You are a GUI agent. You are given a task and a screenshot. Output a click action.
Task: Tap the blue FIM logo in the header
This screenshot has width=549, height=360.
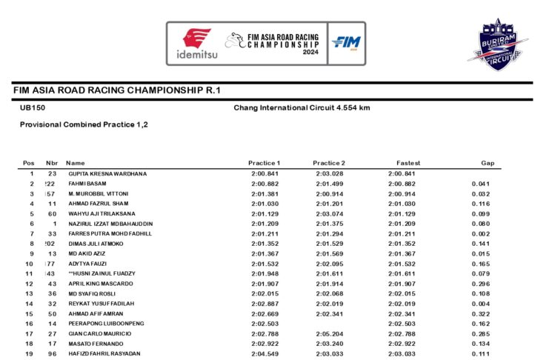345,44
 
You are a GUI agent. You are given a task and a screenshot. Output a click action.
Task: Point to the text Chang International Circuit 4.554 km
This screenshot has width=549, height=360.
302,108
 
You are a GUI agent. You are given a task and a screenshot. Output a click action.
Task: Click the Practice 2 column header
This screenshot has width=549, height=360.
329,163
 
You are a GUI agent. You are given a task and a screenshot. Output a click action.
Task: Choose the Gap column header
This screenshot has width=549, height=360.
487,163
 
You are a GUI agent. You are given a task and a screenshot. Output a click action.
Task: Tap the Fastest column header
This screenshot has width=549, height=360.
407,163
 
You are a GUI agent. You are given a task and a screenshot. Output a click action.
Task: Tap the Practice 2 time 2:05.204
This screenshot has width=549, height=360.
328,333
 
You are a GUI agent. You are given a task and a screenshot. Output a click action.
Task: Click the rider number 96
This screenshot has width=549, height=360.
52,353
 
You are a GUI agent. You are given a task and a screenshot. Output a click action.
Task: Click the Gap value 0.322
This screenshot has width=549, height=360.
480,313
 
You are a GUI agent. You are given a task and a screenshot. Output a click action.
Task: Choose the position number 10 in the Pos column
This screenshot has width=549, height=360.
29,264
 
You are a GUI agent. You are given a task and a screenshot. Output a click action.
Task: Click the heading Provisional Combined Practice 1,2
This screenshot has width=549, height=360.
84,124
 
